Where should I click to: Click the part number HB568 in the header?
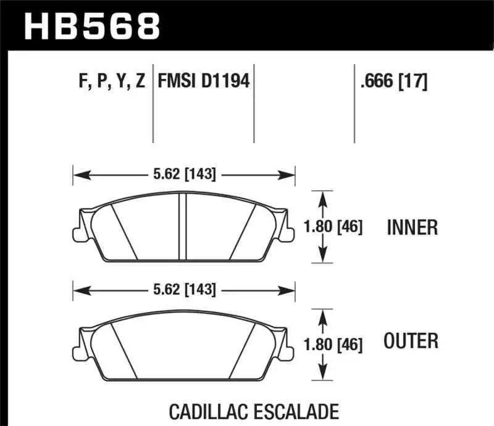tap(91, 26)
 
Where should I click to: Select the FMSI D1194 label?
tap(204, 81)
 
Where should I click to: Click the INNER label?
tap(412, 227)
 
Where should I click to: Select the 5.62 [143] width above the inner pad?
tap(184, 175)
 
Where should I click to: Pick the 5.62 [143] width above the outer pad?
tap(184, 289)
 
